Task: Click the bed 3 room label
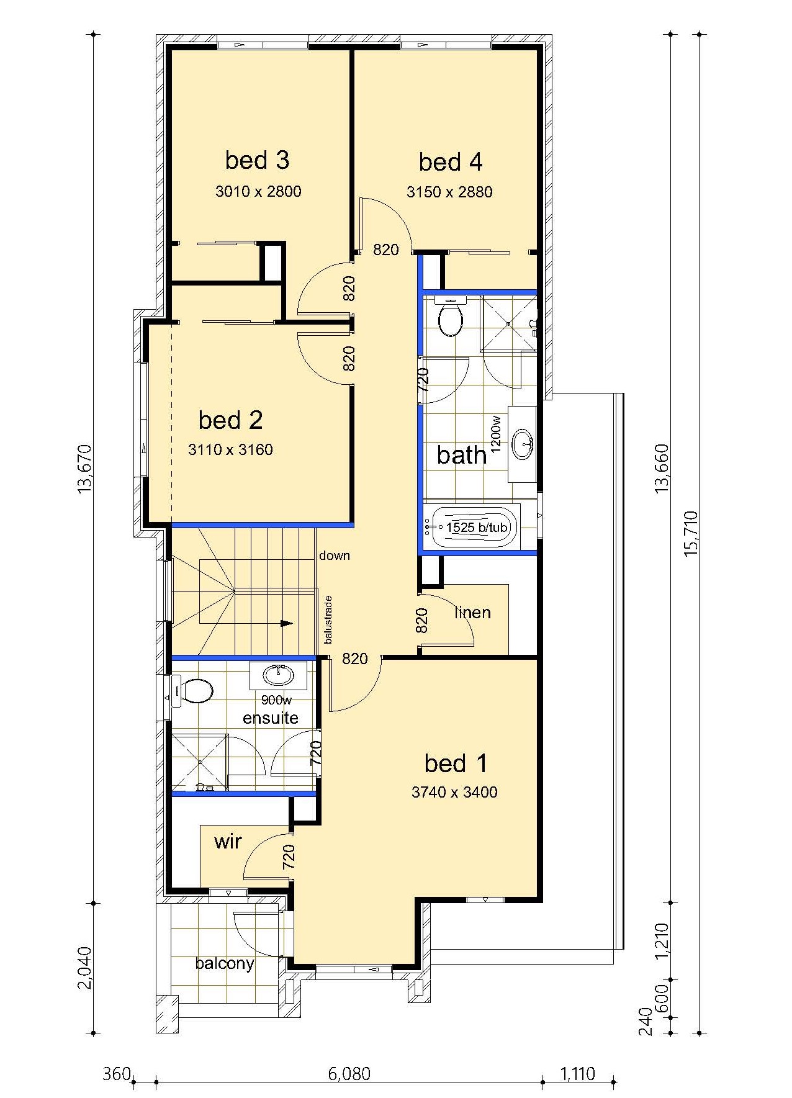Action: pos(257,160)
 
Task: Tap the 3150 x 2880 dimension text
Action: pos(449,192)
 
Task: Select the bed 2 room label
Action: pos(230,420)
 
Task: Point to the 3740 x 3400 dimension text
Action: pos(454,792)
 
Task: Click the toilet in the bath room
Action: pos(450,316)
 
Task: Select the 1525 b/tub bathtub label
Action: pos(477,528)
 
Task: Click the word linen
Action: pos(472,613)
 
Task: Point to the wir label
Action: pos(228,842)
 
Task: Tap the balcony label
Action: pos(225,963)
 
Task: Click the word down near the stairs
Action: pos(335,556)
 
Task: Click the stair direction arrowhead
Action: pos(287,623)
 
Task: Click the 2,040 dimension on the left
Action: pos(85,968)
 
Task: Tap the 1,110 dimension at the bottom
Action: pos(577,1073)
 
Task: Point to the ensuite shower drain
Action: pos(199,762)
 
